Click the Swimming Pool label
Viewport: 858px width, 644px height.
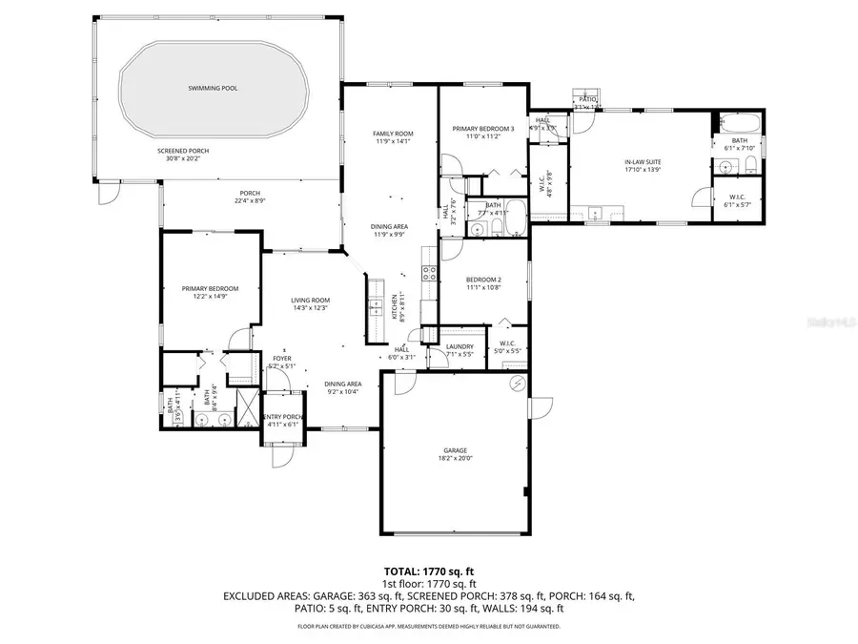213,88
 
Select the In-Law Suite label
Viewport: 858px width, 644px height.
643,162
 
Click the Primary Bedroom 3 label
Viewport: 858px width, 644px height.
483,129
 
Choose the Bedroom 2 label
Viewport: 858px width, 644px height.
484,280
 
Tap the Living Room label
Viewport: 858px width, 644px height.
310,300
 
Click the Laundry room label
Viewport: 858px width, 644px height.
460,346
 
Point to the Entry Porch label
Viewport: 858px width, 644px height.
282,417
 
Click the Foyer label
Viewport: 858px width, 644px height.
282,358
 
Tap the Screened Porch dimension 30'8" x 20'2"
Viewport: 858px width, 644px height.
183,158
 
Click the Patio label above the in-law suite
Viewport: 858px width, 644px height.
586,99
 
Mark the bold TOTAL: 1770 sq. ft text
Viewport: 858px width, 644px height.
428,571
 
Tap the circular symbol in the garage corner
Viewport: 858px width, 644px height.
518,384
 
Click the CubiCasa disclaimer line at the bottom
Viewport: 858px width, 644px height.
428,627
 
